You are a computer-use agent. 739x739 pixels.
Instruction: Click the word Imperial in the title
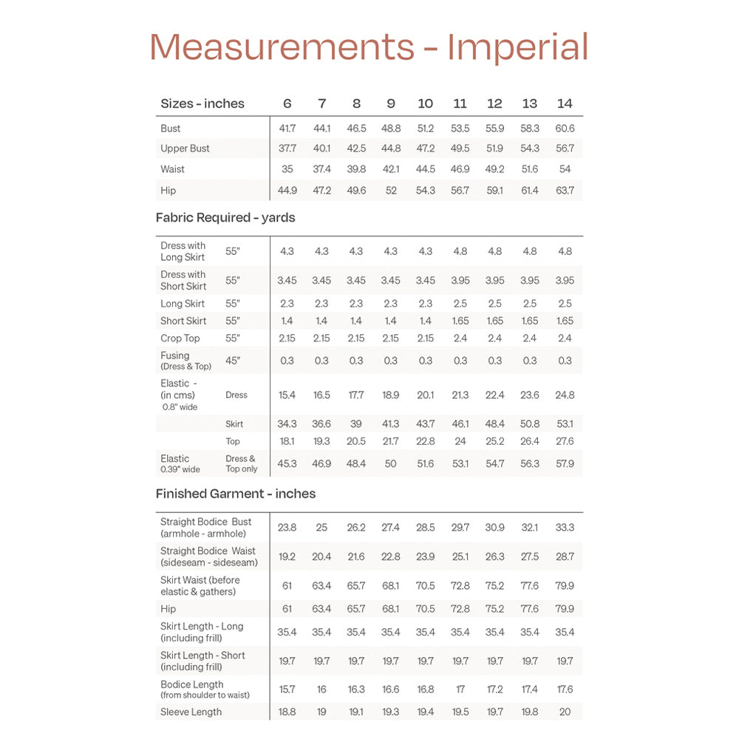coord(517,47)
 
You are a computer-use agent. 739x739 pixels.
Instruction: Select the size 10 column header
coord(425,103)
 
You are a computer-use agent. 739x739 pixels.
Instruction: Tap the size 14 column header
coord(565,103)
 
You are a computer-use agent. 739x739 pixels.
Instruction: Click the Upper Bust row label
coord(185,149)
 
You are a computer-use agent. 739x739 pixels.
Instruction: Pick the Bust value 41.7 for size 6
coord(287,129)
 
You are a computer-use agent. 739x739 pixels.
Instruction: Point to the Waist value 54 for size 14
coord(565,169)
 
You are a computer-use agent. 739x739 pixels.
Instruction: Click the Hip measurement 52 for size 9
coord(391,191)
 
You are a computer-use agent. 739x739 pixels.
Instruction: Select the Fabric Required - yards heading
coord(225,218)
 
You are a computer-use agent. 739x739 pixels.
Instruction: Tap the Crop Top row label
coord(180,338)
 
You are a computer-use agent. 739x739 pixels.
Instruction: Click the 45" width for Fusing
coord(233,361)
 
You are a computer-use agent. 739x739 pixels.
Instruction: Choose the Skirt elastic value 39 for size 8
coord(356,424)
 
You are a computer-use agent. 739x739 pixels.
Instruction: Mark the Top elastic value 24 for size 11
coord(460,441)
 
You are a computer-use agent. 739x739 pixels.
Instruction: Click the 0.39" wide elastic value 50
coord(391,464)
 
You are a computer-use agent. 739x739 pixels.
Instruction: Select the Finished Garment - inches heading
coord(236,494)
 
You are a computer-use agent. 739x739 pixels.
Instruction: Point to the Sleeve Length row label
coord(191,712)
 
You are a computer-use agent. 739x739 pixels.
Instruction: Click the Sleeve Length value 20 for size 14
coord(565,712)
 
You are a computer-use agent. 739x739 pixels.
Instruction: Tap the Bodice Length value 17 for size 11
coord(460,689)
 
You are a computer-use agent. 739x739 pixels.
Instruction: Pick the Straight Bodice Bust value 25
coord(321,528)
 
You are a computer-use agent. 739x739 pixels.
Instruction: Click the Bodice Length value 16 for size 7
coord(321,689)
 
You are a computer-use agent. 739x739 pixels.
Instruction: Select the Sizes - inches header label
coord(202,103)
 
